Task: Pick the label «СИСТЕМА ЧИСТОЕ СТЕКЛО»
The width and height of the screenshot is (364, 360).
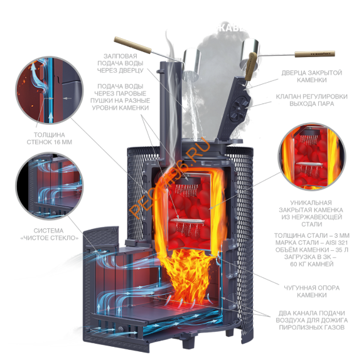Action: tap(58, 237)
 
